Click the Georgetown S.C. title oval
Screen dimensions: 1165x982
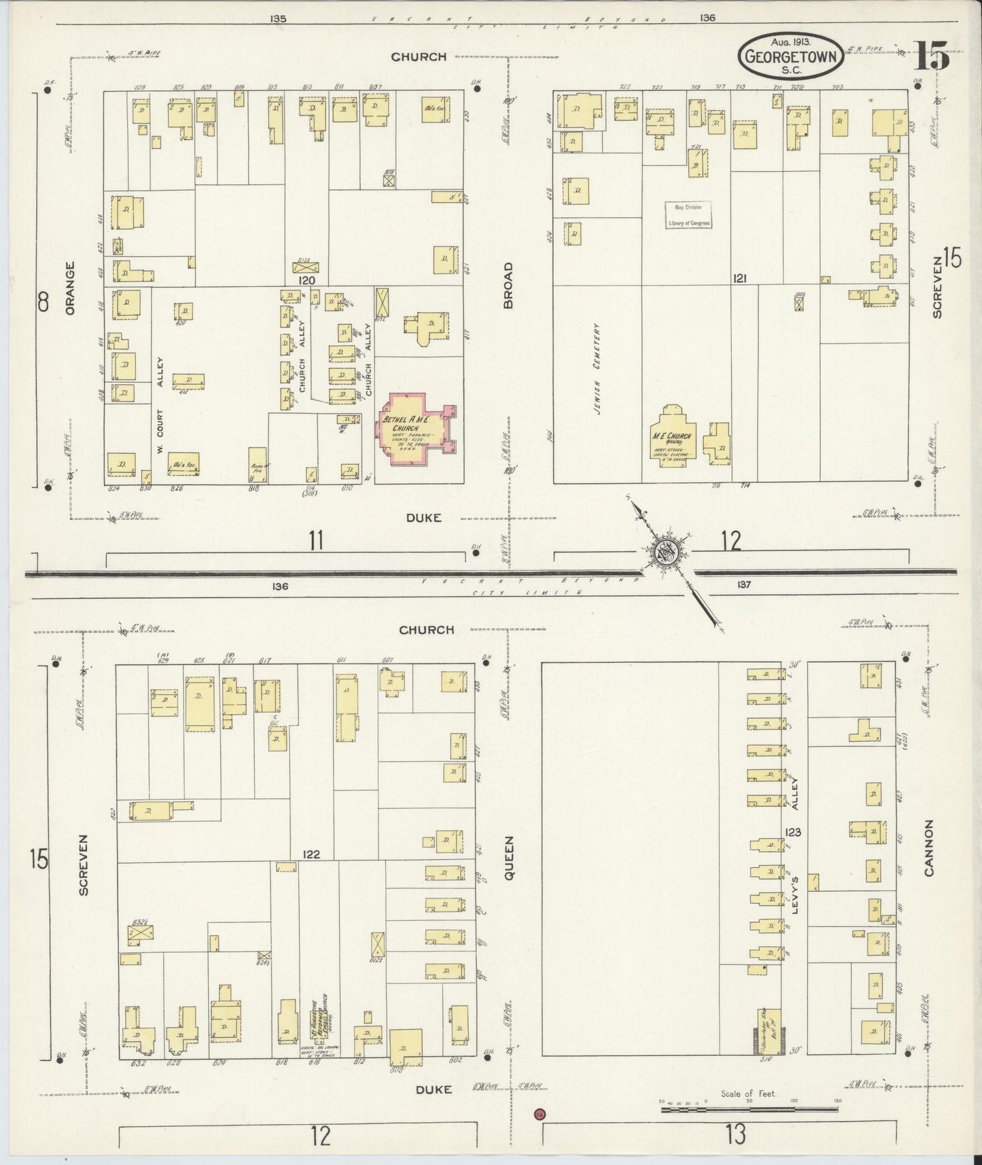(x=790, y=55)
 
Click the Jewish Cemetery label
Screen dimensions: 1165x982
(x=596, y=368)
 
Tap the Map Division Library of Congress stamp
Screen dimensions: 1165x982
(x=688, y=215)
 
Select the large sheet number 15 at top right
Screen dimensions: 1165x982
(x=932, y=56)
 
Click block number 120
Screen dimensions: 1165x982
(x=307, y=280)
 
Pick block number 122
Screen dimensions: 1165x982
(x=311, y=855)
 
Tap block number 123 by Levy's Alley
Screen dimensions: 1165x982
(x=793, y=832)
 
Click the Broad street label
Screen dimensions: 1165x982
(x=508, y=285)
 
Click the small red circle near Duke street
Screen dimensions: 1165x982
(x=540, y=1114)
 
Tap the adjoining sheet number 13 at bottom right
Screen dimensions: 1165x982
(x=735, y=1134)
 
